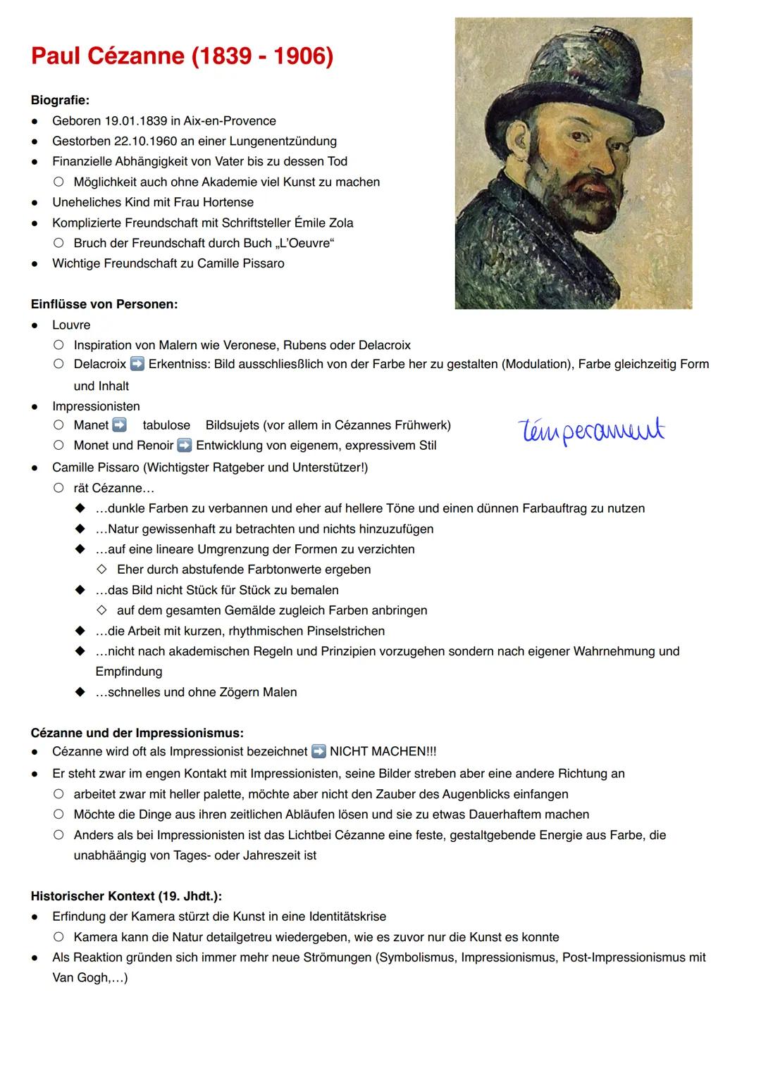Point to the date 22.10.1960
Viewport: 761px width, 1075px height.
(x=145, y=142)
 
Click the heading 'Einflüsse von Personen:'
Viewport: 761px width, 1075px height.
(x=104, y=305)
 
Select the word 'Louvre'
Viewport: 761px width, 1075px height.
(x=71, y=325)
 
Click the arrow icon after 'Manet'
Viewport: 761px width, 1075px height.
(x=119, y=425)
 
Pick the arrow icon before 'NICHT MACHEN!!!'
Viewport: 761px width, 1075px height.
(x=318, y=752)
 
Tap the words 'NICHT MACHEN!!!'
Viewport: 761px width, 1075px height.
(x=383, y=752)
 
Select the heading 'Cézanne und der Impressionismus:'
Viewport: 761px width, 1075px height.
(x=137, y=733)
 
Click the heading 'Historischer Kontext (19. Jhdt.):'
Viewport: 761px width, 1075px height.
(x=126, y=896)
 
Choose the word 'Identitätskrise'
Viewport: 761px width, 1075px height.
(x=341, y=917)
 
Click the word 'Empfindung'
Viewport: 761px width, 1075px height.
(x=129, y=672)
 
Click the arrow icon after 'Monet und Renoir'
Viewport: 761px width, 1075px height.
(x=185, y=446)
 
